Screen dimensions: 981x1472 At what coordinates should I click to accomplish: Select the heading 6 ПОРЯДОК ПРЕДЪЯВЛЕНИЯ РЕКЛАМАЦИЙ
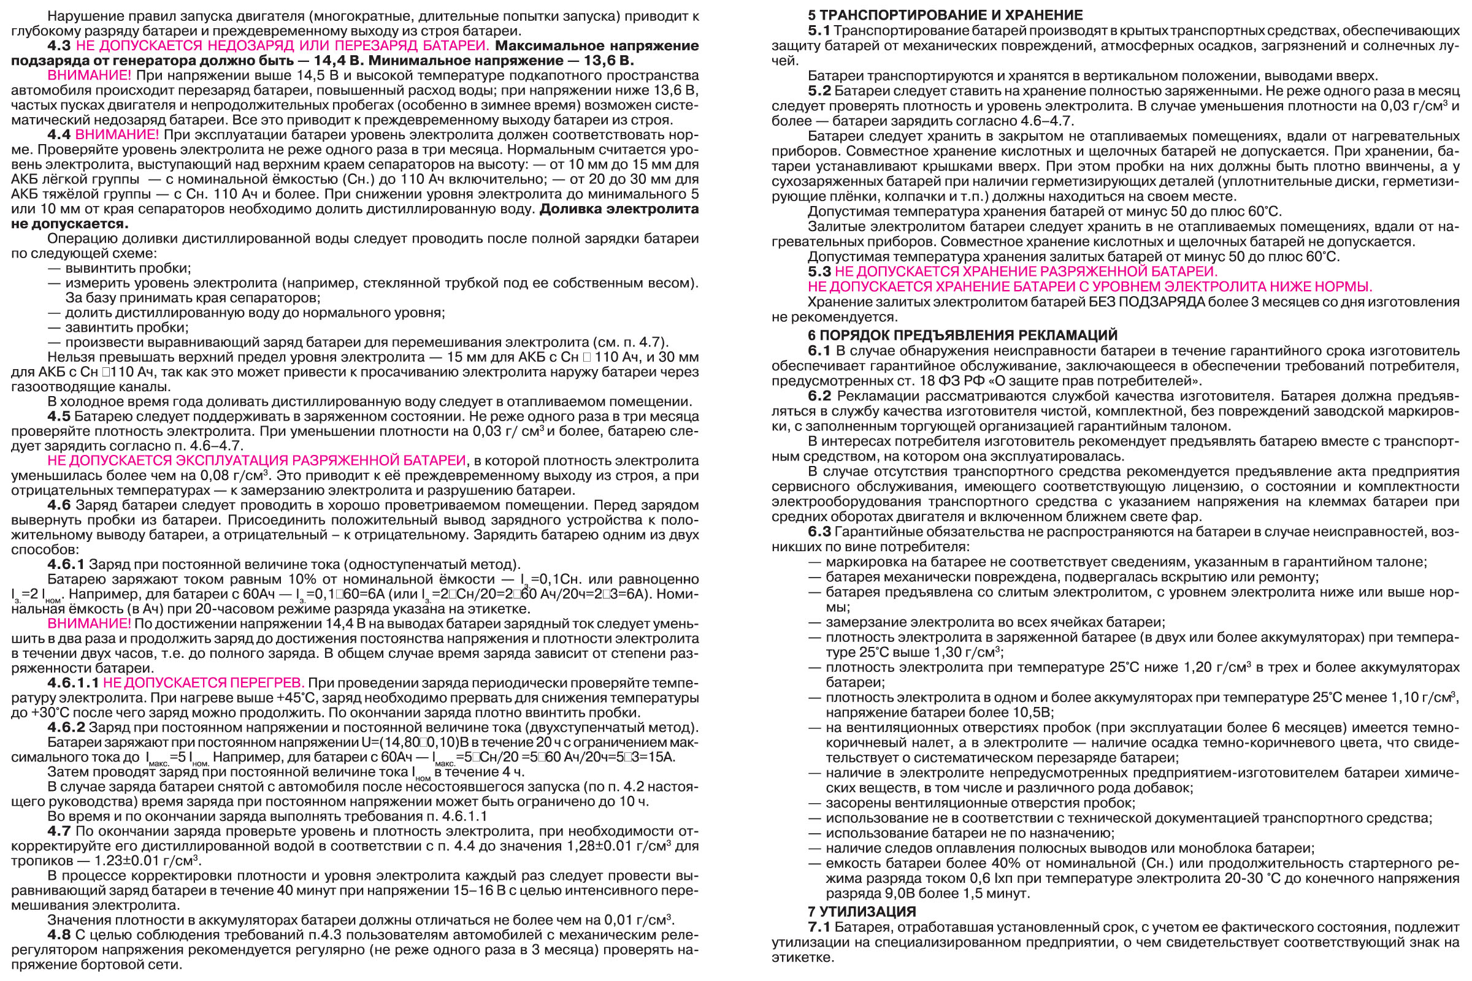(962, 335)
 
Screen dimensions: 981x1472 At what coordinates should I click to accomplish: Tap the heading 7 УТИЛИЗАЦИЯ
(861, 912)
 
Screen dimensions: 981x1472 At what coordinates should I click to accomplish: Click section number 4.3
(59, 45)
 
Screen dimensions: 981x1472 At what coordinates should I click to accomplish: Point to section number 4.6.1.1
(73, 682)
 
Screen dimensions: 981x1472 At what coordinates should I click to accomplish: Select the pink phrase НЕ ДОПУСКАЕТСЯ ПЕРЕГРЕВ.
(204, 682)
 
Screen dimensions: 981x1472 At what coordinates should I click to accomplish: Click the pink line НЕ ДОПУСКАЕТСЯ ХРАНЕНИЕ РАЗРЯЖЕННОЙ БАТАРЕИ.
(1026, 272)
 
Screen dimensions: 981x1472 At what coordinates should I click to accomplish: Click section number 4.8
(59, 934)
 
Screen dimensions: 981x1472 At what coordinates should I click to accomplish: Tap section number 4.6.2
(66, 728)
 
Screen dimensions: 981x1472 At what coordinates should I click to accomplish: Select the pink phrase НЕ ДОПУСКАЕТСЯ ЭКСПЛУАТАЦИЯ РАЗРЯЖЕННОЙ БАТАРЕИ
(256, 461)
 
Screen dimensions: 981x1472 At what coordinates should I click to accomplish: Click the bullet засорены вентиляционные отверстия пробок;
(980, 803)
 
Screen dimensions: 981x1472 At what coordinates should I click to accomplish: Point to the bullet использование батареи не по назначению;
(970, 833)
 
